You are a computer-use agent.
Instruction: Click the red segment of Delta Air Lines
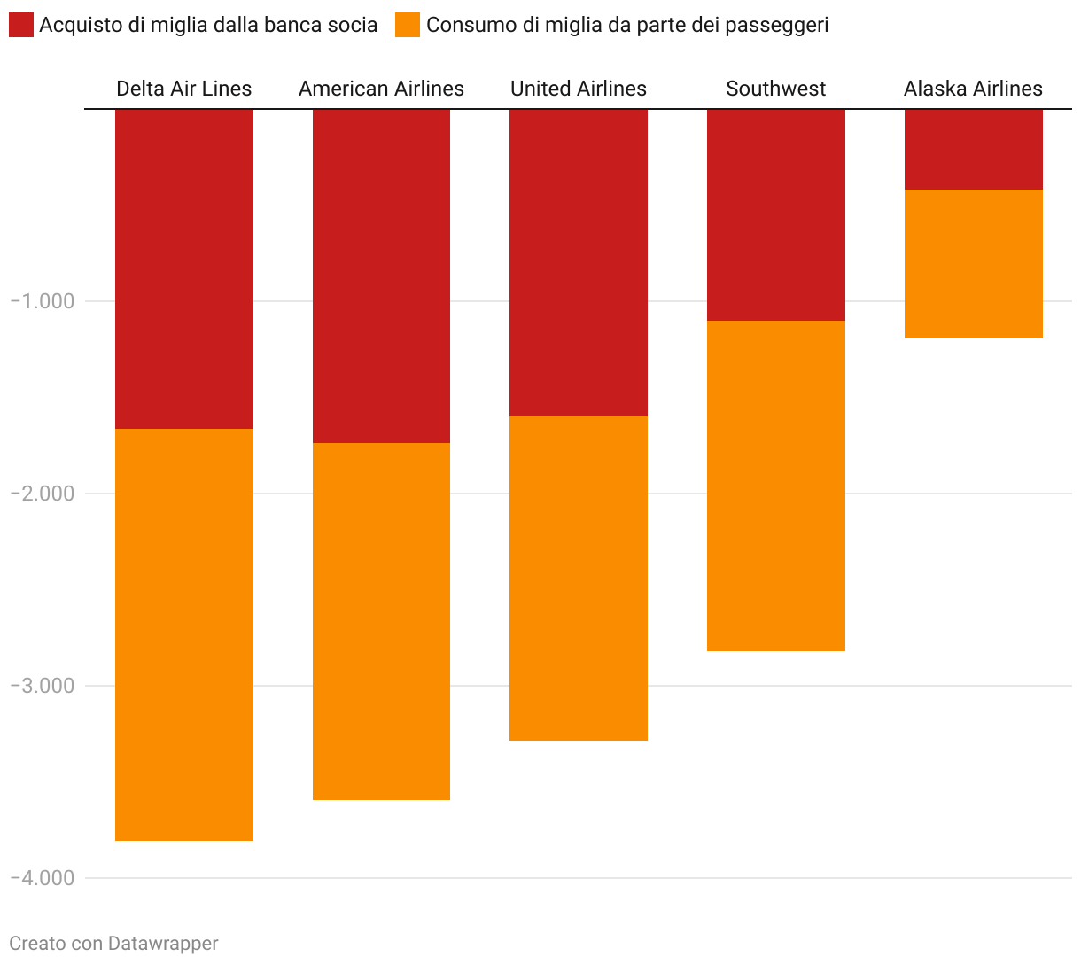pos(184,268)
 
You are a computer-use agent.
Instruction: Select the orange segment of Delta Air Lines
pos(184,634)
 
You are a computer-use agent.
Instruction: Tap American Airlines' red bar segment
pos(381,276)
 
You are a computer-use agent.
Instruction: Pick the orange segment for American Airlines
pos(381,621)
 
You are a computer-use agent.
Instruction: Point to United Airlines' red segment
pos(579,262)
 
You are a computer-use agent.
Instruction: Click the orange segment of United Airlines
pos(579,578)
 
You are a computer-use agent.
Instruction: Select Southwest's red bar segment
pos(776,214)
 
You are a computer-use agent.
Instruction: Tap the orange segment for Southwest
pos(776,486)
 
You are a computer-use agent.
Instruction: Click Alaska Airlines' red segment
pos(973,149)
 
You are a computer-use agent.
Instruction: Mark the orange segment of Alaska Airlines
pos(973,263)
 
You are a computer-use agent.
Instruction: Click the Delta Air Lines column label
pos(184,89)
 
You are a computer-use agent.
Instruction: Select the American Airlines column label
pos(381,89)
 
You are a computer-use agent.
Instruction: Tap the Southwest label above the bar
pos(776,89)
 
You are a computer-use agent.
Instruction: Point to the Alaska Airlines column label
pos(973,89)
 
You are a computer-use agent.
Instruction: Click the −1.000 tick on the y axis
pos(43,301)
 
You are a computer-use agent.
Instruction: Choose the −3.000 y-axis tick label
pos(43,686)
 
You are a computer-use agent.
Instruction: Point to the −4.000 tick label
pos(43,878)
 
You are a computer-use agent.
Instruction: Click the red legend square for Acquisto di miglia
pos(21,25)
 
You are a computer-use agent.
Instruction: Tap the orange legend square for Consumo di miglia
pos(408,25)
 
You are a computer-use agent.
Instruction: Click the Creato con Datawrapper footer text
pos(113,944)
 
